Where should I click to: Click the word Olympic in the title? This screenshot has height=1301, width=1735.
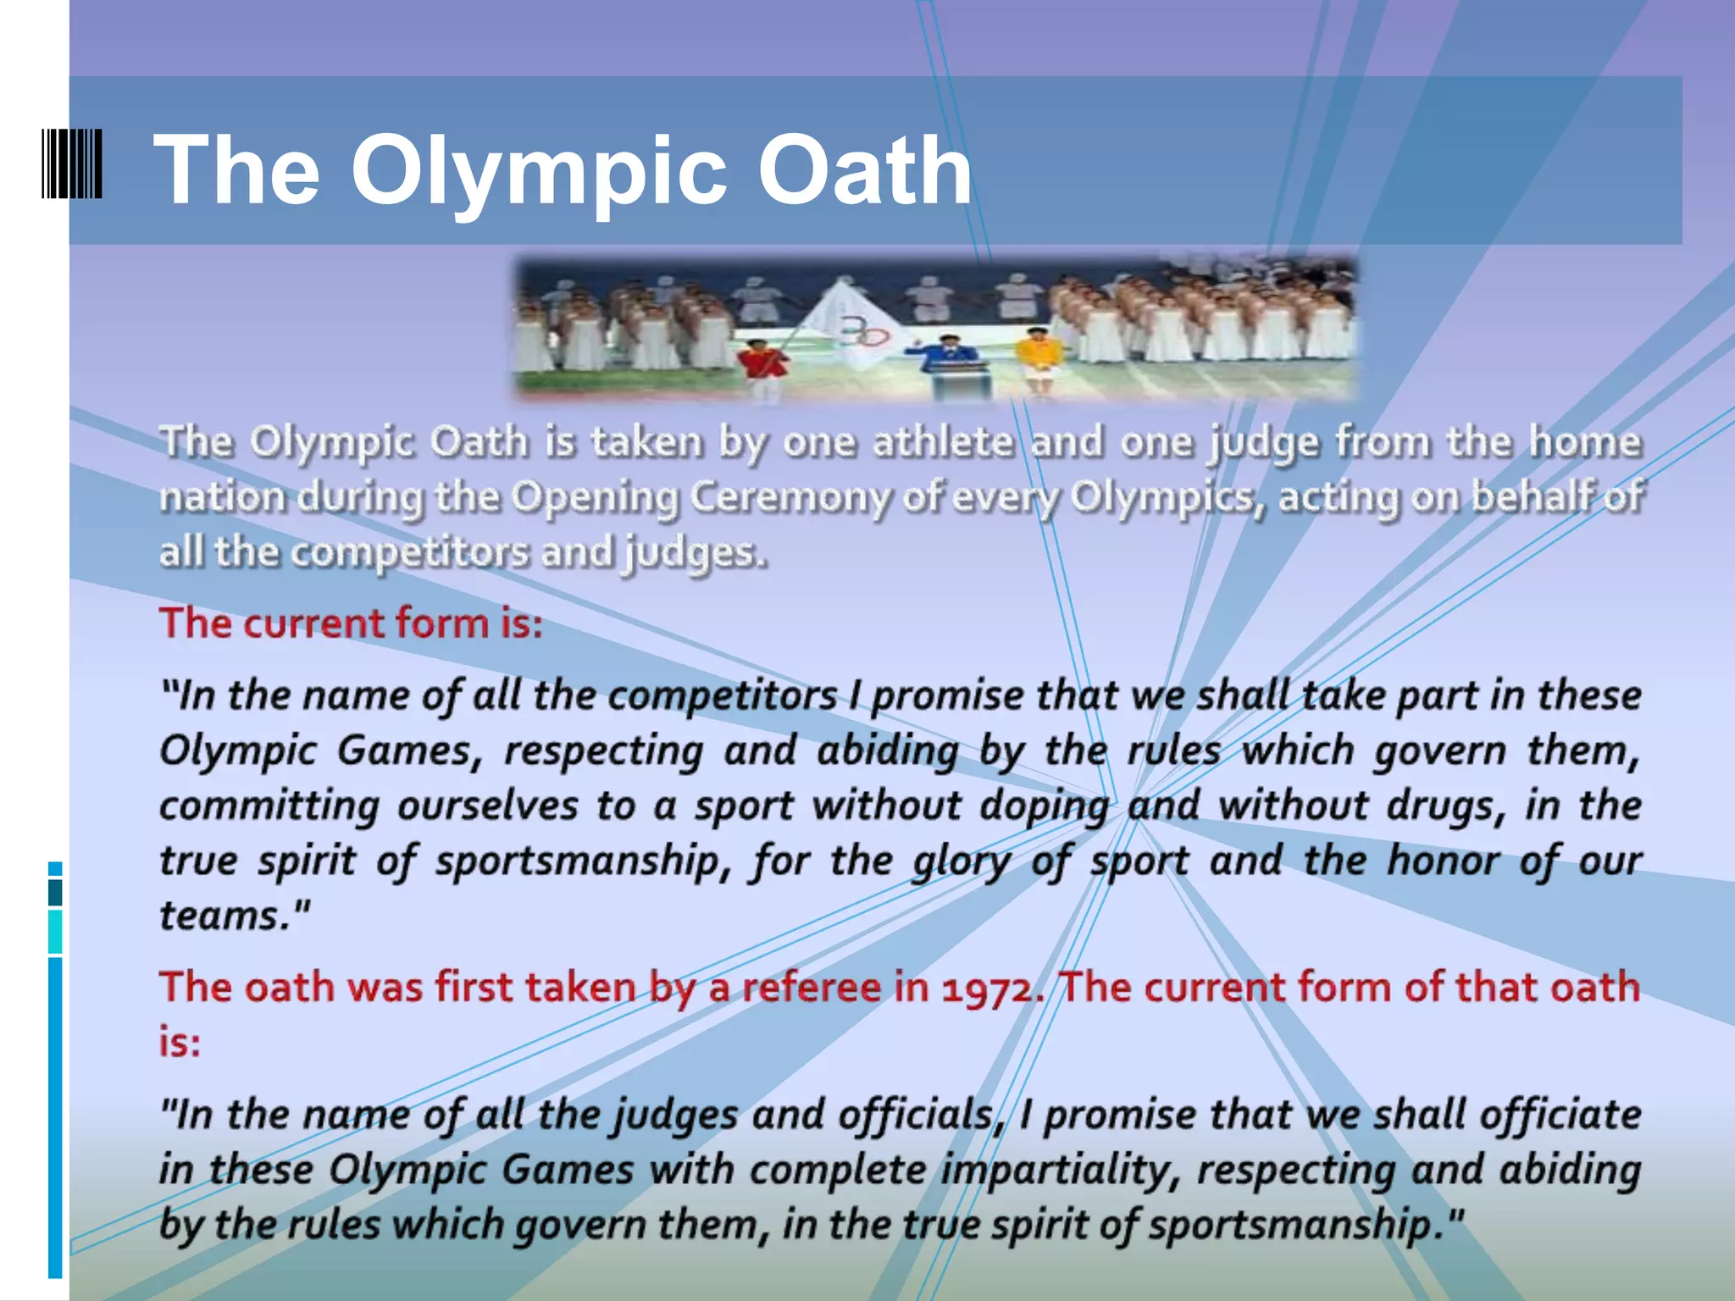coord(538,171)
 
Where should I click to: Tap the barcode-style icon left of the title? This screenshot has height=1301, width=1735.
coord(72,163)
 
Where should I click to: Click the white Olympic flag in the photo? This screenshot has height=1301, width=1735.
coord(851,324)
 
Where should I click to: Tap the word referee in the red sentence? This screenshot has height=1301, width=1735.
coord(812,988)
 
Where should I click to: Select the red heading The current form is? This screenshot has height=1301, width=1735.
coord(351,623)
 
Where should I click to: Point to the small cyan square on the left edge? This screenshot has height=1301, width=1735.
coord(55,869)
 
